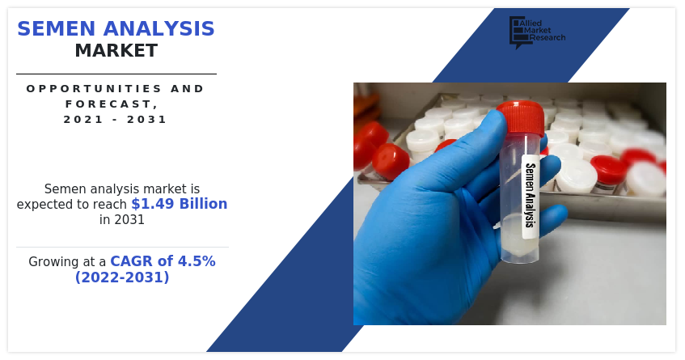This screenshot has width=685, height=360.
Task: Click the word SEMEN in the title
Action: [56, 29]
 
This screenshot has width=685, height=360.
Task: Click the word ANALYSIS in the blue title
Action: [159, 29]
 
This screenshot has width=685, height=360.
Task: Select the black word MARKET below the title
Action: [116, 51]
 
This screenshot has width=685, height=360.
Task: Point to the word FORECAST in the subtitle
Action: [109, 104]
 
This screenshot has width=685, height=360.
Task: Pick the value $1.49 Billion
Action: [180, 204]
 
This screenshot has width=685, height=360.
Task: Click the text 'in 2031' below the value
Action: [122, 219]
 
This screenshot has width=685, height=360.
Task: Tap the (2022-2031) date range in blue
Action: [122, 277]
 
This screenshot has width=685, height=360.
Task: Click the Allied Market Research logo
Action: [537, 32]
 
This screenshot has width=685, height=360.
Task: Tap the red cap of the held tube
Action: [520, 117]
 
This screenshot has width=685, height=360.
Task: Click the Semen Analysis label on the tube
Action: [531, 195]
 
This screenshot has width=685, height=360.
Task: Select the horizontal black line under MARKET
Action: [116, 74]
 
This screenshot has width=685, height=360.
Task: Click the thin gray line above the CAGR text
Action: [122, 247]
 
